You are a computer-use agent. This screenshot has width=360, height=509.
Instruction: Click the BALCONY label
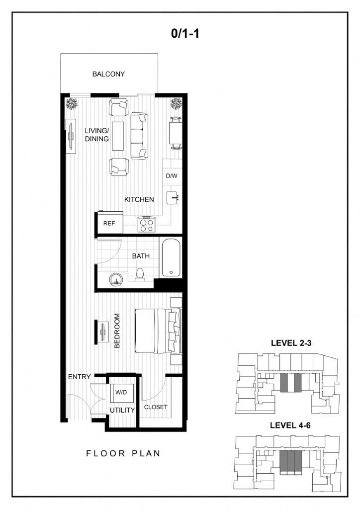pyautogui.click(x=108, y=74)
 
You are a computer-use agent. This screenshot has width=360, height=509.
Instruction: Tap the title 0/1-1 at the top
pyautogui.click(x=185, y=33)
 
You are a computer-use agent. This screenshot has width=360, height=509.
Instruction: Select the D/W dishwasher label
pyautogui.click(x=172, y=176)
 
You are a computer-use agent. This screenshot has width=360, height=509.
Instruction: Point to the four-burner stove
pyautogui.click(x=146, y=225)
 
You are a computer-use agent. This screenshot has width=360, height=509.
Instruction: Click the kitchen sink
pyautogui.click(x=173, y=197)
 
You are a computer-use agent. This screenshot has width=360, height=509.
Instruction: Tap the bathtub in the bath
pyautogui.click(x=171, y=258)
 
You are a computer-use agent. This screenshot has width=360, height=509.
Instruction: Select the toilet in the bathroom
pyautogui.click(x=140, y=274)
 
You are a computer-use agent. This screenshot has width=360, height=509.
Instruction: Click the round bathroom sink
pyautogui.click(x=116, y=279)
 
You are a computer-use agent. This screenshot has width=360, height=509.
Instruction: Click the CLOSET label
pyautogui.click(x=156, y=407)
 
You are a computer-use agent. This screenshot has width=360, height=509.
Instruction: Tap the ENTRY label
pyautogui.click(x=79, y=377)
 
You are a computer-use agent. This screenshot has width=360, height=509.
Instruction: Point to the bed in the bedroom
pyautogui.click(x=158, y=331)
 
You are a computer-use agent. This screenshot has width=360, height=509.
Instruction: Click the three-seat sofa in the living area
pyautogui.click(x=140, y=136)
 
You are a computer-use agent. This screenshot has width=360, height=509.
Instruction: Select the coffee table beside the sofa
pyautogui.click(x=118, y=136)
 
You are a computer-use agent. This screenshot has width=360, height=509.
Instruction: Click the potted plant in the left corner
pyautogui.click(x=72, y=104)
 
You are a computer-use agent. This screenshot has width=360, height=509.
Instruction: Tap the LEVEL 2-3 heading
pyautogui.click(x=291, y=343)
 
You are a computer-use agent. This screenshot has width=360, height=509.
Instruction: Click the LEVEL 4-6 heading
pyautogui.click(x=290, y=425)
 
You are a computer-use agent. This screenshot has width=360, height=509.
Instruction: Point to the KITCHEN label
pyautogui.click(x=139, y=199)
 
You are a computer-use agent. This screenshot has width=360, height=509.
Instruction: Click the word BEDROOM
pyautogui.click(x=117, y=331)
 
